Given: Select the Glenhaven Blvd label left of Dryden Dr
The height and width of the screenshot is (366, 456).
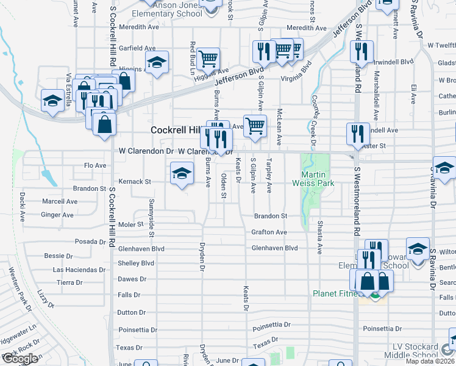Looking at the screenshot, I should click(141, 249).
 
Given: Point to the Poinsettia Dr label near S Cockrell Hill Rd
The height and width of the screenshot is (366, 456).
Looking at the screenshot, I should click(138, 329).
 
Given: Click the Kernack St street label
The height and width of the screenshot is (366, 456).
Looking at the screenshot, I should click(135, 181).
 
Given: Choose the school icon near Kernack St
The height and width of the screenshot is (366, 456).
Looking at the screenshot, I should click(181, 174).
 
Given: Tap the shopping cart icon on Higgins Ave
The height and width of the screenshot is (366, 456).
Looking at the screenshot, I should click(208, 59).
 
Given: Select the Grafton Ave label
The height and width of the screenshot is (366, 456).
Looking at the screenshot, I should click(269, 232).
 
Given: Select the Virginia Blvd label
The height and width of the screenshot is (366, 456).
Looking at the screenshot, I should click(300, 79).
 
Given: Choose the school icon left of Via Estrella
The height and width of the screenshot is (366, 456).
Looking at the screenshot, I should click(52, 100).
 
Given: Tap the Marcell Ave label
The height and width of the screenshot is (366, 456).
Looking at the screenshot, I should click(59, 201).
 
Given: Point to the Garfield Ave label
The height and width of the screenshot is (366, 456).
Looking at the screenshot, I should click(137, 48).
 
